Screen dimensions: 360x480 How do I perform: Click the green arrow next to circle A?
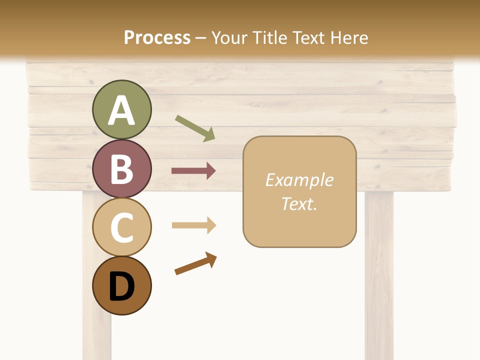195,128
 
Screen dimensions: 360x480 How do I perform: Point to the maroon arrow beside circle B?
193,171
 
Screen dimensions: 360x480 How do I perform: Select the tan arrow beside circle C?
193,225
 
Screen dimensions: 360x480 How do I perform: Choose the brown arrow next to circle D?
195,263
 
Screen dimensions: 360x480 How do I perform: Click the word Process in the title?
157,37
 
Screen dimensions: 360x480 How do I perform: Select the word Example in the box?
299,180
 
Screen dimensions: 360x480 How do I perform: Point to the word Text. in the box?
299,203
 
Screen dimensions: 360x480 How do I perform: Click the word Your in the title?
228,37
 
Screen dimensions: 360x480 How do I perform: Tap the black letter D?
121,287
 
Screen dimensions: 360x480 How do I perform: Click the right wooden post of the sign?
378,275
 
